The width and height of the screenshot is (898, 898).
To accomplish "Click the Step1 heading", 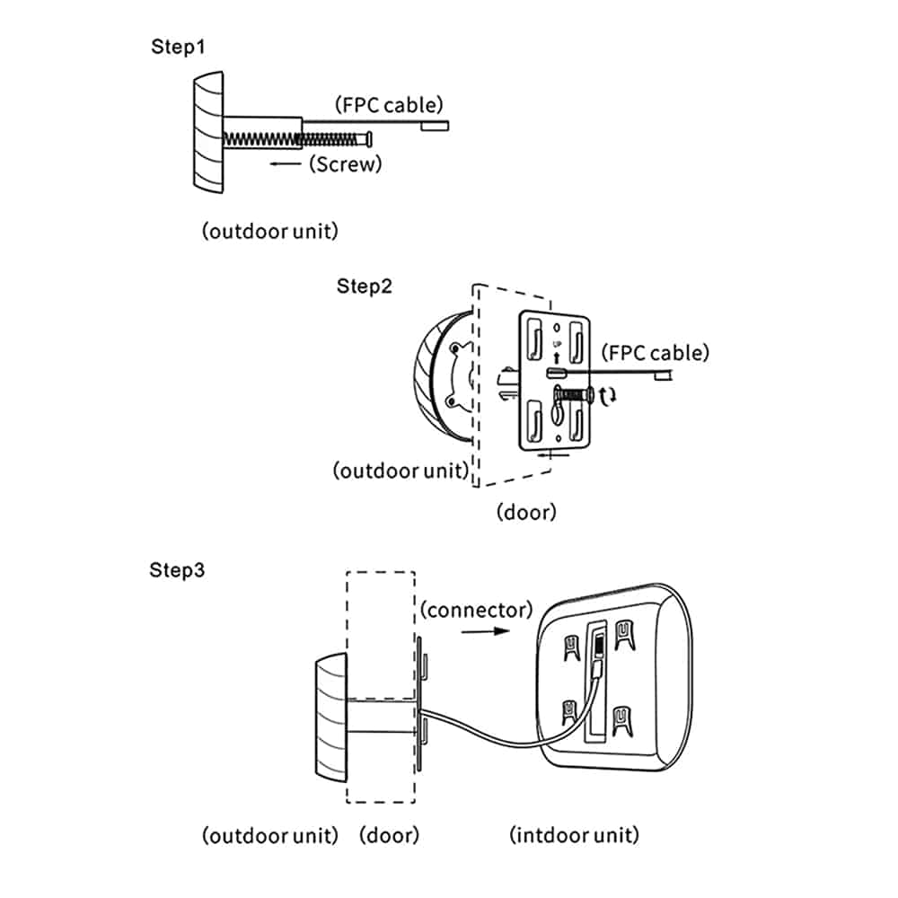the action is [x=178, y=47].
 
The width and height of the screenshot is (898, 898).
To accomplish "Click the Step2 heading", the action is [x=365, y=286].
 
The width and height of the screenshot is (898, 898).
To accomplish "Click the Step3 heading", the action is [x=176, y=570].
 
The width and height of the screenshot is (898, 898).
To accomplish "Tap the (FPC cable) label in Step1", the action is [x=389, y=105].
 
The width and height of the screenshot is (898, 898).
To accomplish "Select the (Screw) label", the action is [x=346, y=163].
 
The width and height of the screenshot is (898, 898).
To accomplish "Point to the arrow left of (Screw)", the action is [x=286, y=163].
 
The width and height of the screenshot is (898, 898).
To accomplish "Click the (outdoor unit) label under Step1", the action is [x=269, y=231].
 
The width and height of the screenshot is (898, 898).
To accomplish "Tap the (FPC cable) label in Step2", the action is [x=656, y=352].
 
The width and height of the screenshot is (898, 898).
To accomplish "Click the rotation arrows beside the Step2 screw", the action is [x=608, y=396].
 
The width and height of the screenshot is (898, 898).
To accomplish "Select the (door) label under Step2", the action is [x=526, y=512].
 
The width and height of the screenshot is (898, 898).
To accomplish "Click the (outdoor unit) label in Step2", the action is [x=401, y=471].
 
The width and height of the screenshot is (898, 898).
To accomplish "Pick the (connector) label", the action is [x=477, y=610].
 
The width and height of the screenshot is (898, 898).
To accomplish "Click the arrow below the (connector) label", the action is [x=486, y=631].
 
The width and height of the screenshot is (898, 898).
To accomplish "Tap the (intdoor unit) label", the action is [x=575, y=834].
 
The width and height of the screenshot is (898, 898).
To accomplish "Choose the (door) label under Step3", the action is [x=390, y=835].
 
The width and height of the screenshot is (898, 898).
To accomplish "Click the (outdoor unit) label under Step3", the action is [x=269, y=835].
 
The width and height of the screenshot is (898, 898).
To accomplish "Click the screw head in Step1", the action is [x=369, y=138].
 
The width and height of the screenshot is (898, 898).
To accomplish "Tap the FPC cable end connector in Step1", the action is [x=435, y=126].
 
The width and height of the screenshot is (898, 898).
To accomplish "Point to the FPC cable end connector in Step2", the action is [x=664, y=375].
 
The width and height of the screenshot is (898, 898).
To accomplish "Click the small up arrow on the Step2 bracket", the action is [x=556, y=358].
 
